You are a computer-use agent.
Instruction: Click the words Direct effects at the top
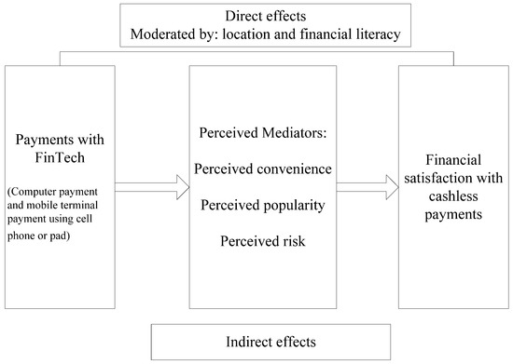click(x=258, y=17)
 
